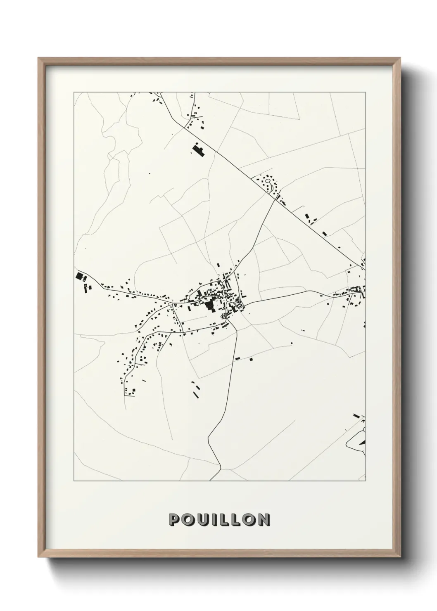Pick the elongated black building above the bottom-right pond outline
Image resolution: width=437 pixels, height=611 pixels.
click(x=356, y=416)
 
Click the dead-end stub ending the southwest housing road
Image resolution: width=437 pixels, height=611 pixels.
click(x=124, y=395)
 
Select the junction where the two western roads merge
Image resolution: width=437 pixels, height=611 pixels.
click(x=173, y=304)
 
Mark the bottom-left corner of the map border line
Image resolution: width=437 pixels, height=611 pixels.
click(x=74, y=481)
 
